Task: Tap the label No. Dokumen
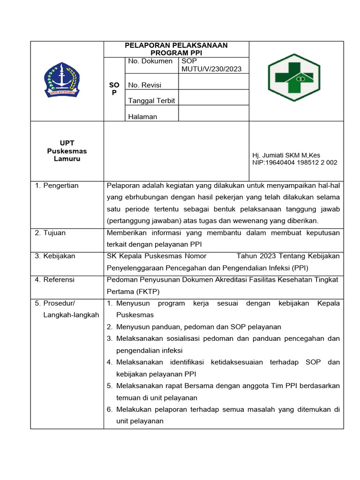point(150,61)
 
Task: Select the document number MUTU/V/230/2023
point(211,69)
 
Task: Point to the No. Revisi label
point(147,85)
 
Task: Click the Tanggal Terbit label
point(151,101)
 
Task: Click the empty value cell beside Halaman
point(213,113)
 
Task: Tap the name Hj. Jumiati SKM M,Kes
point(286,155)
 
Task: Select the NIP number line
point(294,163)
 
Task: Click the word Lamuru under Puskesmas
point(67,159)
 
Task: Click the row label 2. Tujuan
point(50,232)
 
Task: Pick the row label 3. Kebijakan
point(55,256)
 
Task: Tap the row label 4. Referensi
point(54,279)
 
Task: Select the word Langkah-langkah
point(71,315)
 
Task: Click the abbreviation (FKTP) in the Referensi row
point(146,291)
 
